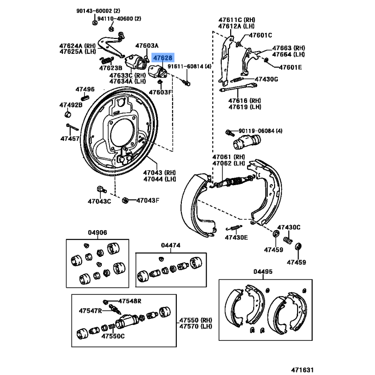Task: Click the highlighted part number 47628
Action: pyautogui.click(x=164, y=58)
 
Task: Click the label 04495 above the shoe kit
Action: pyautogui.click(x=263, y=272)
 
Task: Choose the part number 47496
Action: pyautogui.click(x=85, y=89)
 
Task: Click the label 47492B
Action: pyautogui.click(x=71, y=105)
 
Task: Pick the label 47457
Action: pyautogui.click(x=70, y=138)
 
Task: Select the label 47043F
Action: pyautogui.click(x=148, y=201)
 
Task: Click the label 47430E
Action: pyautogui.click(x=236, y=237)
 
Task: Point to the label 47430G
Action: pyautogui.click(x=266, y=79)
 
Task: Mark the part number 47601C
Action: pyautogui.click(x=260, y=35)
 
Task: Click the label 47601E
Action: pyautogui.click(x=291, y=67)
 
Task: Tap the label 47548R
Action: pyautogui.click(x=130, y=301)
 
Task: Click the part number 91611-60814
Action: pyautogui.click(x=190, y=67)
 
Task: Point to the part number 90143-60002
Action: pyautogui.click(x=92, y=11)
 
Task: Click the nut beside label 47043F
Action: pyautogui.click(x=125, y=201)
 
